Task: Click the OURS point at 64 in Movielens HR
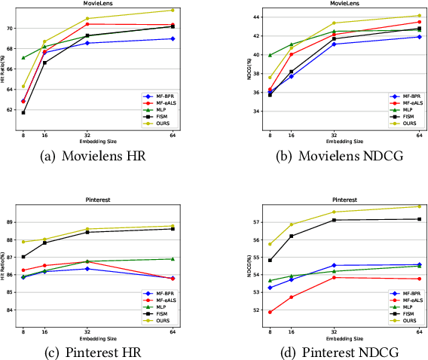pos(173,11)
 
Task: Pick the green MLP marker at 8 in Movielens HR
pos(23,57)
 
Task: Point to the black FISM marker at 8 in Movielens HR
pos(23,112)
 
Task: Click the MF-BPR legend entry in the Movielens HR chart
pos(160,98)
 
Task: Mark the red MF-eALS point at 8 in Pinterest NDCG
pos(270,312)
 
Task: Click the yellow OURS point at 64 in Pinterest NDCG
pos(420,206)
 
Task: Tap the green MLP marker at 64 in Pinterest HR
pos(173,258)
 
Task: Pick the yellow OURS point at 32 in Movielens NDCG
pos(334,23)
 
